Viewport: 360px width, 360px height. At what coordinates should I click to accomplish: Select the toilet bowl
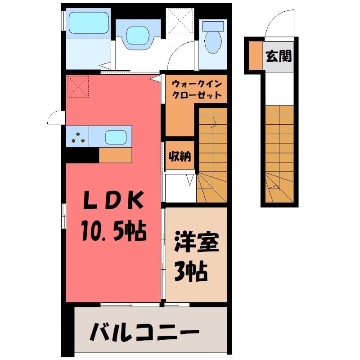tap(213, 42)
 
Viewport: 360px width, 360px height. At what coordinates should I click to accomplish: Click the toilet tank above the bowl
tap(213, 26)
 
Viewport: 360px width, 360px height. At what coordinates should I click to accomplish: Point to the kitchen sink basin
tap(116, 137)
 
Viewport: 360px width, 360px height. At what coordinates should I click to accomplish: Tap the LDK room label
tap(113, 200)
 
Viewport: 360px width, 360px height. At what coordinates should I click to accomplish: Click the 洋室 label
tap(196, 242)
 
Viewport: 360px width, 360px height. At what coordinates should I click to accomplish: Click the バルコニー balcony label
tap(144, 332)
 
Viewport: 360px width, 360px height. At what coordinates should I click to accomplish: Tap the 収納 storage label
tap(180, 156)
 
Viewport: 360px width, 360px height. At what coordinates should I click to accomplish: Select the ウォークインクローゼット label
tap(197, 89)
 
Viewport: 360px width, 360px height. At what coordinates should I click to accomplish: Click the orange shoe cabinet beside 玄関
tap(256, 55)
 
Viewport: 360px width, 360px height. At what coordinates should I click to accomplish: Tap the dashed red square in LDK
tap(78, 86)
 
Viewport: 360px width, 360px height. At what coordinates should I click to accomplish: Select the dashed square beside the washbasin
tap(180, 21)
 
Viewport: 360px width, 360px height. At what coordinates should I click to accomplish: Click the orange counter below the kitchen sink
tap(115, 155)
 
